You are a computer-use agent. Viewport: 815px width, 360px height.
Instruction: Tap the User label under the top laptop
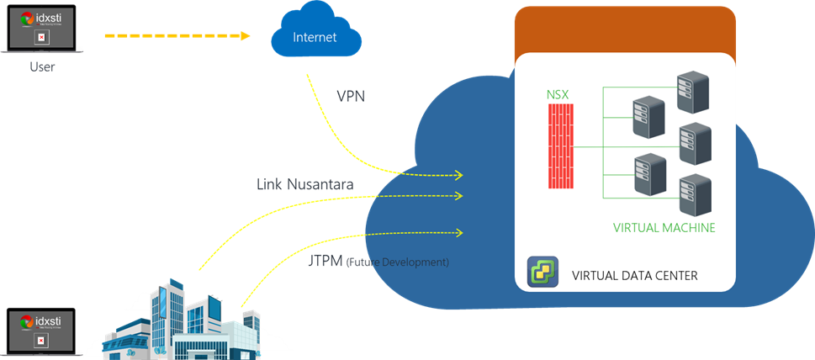coord(41,66)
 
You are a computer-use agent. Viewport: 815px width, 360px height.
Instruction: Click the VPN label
coord(350,96)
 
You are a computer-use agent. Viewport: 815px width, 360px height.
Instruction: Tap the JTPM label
coord(327,262)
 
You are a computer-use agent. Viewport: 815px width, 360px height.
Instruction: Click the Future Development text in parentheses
coord(398,262)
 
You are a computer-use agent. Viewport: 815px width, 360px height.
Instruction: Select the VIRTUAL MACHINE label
coord(664,227)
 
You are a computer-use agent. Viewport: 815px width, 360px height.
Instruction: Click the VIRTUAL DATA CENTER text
coord(634,275)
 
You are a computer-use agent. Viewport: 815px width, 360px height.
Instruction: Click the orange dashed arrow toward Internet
coord(177,36)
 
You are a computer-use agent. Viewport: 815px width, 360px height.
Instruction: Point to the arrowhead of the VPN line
coord(459,175)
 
